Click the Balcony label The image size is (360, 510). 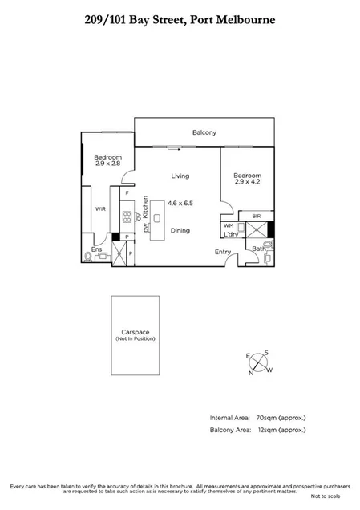click(205, 133)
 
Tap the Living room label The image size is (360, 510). click(180, 176)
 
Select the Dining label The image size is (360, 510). click(180, 230)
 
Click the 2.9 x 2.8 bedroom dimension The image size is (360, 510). click(107, 164)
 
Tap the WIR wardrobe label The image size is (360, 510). click(102, 209)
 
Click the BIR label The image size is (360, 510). click(257, 216)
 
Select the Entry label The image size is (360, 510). click(222, 252)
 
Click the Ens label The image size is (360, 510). click(97, 249)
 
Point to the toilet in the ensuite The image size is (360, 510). click(88, 257)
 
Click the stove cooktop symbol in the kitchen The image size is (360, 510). click(127, 217)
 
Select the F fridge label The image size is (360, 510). click(126, 193)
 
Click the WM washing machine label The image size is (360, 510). click(229, 226)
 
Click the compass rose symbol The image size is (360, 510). click(260, 362)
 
